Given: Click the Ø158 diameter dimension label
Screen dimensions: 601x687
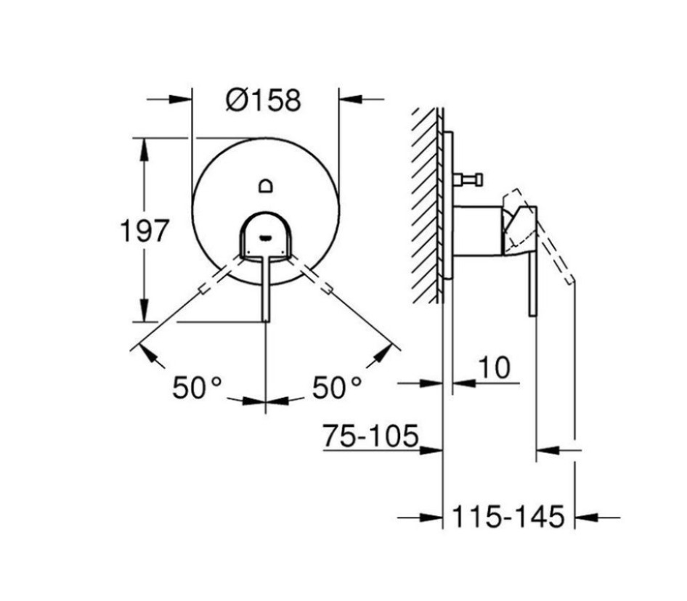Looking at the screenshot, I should point(262,99).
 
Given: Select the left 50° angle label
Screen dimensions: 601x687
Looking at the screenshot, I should point(196,388).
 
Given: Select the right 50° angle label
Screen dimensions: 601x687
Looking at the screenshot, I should point(337,388).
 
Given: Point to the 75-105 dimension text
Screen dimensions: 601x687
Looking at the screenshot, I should point(371,436).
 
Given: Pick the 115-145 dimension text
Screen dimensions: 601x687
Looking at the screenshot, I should point(508,518).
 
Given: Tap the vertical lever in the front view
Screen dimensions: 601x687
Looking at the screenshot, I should point(267,290).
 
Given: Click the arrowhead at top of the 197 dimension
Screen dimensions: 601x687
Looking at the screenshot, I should point(145,145).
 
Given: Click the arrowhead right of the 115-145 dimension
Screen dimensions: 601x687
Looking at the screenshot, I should point(584,518).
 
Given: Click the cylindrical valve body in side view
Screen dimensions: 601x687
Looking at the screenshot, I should point(476,231).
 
